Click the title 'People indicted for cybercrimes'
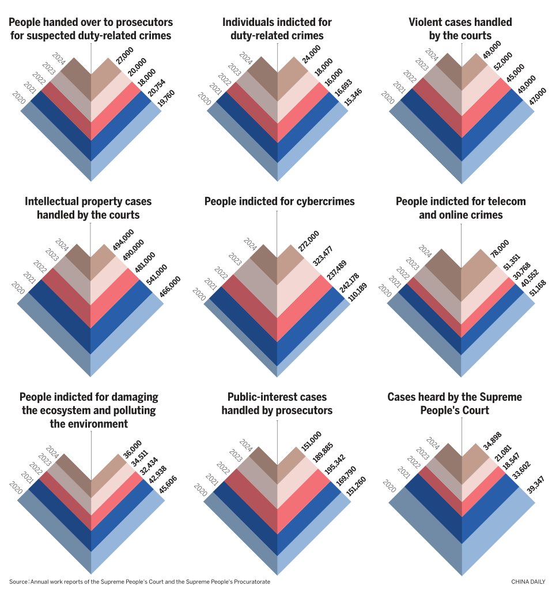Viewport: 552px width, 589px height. pyautogui.click(x=279, y=202)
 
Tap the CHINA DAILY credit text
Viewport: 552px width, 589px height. pyautogui.click(x=528, y=582)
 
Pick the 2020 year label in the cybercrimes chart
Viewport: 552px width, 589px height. pyautogui.click(x=199, y=294)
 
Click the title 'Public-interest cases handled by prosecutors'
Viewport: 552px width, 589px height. pyautogui.click(x=277, y=404)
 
